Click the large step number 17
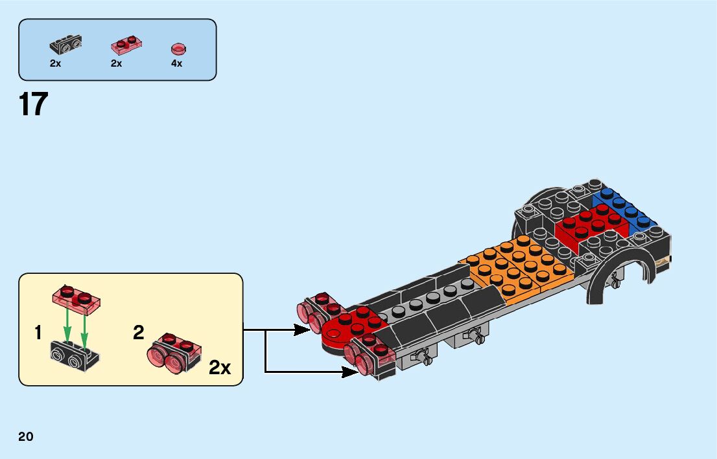[x=34, y=105]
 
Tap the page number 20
[x=26, y=437]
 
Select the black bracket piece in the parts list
[x=65, y=45]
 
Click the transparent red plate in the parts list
[x=126, y=45]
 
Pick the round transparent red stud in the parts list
[x=178, y=49]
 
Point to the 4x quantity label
[x=176, y=63]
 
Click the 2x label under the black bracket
[x=55, y=63]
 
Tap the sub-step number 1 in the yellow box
[x=38, y=333]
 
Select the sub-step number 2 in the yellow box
[x=138, y=333]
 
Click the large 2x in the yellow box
[x=220, y=368]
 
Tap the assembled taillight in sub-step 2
[x=174, y=353]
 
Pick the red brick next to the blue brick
[x=590, y=223]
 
